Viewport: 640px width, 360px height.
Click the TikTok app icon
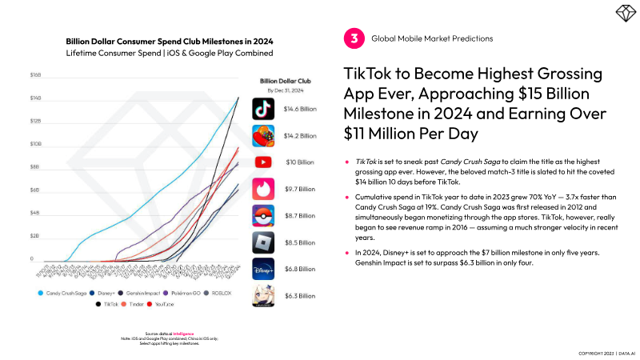tap(264, 109)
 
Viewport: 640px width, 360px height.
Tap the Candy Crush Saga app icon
tap(264, 136)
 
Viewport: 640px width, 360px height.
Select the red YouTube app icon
tap(264, 162)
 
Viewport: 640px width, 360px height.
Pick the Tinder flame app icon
tap(264, 189)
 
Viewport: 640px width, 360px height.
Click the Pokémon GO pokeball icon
tap(264, 216)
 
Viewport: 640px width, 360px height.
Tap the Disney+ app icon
tap(264, 269)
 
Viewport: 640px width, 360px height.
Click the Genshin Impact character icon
tap(264, 296)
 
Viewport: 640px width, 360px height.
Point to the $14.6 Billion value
tap(301, 109)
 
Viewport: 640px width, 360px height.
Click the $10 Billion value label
tap(301, 162)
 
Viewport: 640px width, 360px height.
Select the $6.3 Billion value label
tap(301, 296)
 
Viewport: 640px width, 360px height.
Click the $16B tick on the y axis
tap(35, 75)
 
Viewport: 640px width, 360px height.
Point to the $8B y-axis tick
tap(35, 167)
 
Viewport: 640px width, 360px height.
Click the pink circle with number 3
tap(352, 38)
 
